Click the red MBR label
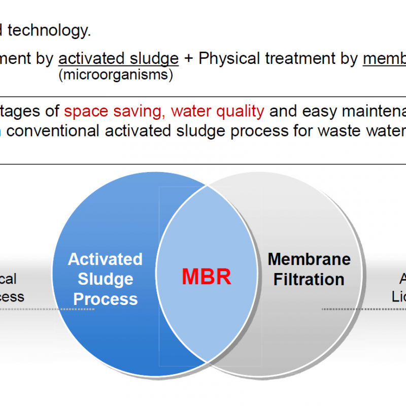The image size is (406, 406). point(207,277)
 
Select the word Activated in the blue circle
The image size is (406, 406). point(105,259)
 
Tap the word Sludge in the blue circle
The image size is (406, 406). point(106,279)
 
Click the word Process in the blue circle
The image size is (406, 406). point(106,299)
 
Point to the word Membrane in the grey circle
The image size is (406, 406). point(309,259)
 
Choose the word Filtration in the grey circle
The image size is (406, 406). point(309,279)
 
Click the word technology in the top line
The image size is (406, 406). point(49,31)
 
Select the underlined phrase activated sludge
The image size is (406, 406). point(119,59)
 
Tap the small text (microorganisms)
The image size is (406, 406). point(116,75)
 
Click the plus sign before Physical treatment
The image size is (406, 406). point(189,59)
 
